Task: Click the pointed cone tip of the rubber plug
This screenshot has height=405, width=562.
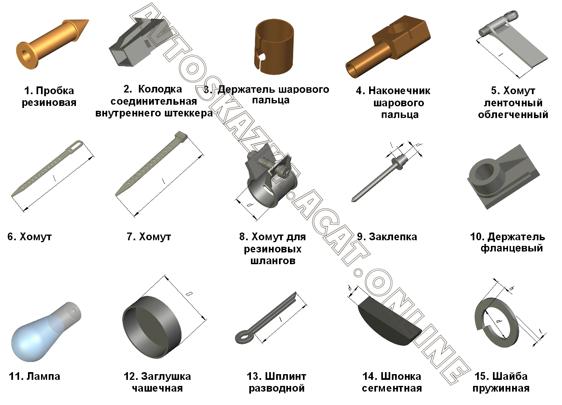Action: (x=88, y=20)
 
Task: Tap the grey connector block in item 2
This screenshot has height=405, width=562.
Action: (x=136, y=43)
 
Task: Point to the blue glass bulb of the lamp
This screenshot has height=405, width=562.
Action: (x=32, y=338)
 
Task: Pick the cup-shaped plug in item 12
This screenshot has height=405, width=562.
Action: (x=152, y=327)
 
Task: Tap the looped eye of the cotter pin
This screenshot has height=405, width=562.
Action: (x=243, y=337)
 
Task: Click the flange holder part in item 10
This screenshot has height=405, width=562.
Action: (x=503, y=177)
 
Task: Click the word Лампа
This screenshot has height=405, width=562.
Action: (x=43, y=376)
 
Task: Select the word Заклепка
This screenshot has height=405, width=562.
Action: (x=393, y=237)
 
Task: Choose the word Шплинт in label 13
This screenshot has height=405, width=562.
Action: (x=285, y=376)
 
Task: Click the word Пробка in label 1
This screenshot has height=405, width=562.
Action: (x=55, y=90)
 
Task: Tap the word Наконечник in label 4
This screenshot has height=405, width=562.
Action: (x=399, y=90)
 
